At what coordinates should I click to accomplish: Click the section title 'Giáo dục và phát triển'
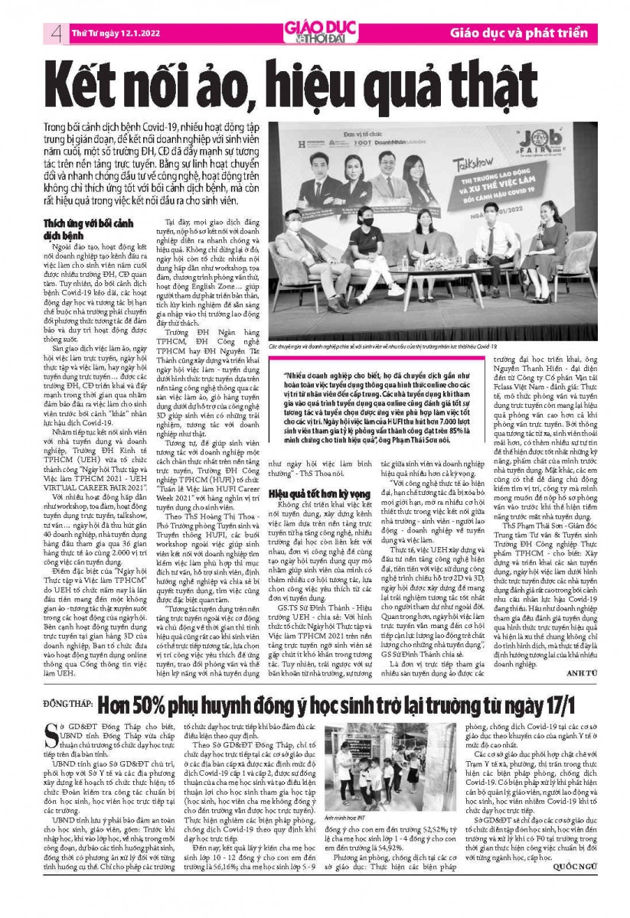(518, 34)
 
